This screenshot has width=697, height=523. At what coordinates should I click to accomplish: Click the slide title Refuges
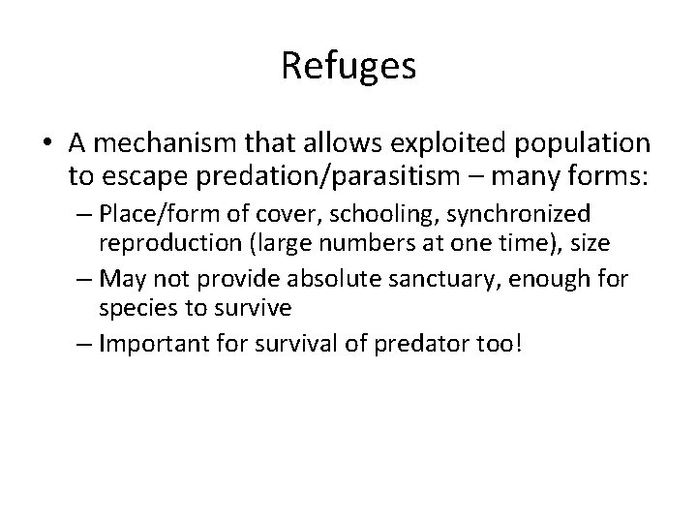point(348,66)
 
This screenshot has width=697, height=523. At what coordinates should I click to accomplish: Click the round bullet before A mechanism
point(50,144)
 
